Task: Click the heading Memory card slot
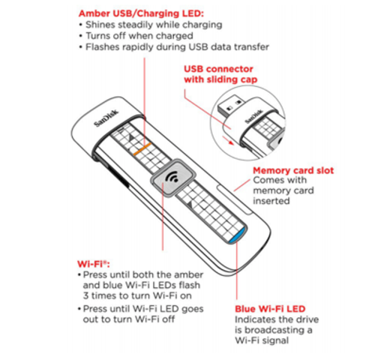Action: (292, 170)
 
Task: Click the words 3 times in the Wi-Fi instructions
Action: (99, 295)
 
